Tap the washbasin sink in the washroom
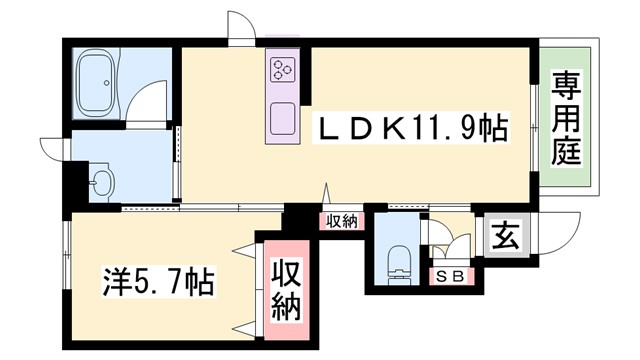101,182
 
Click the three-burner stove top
280,70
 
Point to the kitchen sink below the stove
281,119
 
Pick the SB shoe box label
447,277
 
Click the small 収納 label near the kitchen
341,221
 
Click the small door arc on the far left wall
51,147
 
